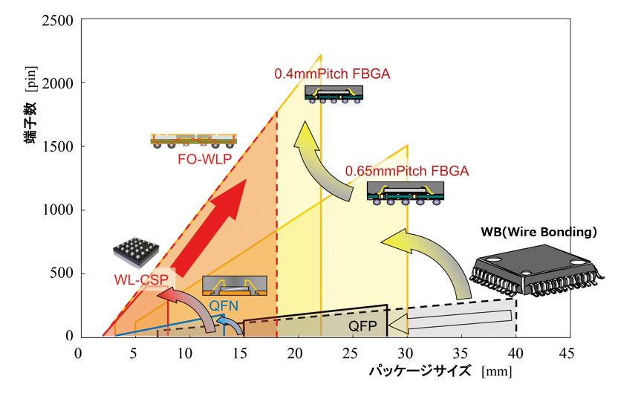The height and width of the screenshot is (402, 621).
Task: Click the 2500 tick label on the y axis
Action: tap(57, 20)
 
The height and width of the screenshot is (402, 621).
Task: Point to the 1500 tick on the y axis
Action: tap(57, 146)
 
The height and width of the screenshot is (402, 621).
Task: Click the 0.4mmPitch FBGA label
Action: tap(332, 74)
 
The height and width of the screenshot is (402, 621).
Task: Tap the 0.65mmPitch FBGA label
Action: tap(407, 171)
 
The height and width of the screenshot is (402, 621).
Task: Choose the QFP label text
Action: tap(363, 326)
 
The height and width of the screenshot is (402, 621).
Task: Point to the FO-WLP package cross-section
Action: tap(193, 140)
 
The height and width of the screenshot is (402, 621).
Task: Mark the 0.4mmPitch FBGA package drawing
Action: tap(334, 93)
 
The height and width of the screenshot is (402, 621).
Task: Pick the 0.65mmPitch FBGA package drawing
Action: tap(406, 193)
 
